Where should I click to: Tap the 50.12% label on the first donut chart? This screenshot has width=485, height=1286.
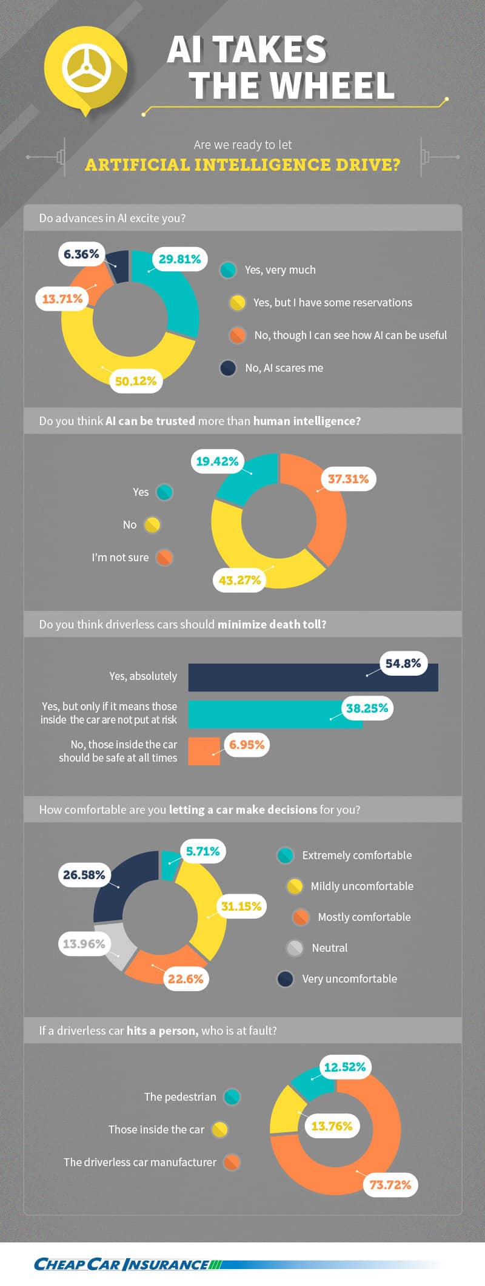(136, 381)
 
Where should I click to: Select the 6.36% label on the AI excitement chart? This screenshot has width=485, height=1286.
(81, 254)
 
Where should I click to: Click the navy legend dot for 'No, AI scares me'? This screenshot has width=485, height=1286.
(228, 368)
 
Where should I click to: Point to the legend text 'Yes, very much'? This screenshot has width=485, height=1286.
(280, 270)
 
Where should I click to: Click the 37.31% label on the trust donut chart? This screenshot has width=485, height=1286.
(348, 479)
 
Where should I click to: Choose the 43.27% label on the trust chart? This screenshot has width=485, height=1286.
(239, 580)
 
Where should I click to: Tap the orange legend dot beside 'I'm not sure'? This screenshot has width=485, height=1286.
(164, 557)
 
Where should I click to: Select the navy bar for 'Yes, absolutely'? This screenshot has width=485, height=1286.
(313, 677)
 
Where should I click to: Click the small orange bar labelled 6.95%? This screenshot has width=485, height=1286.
(204, 751)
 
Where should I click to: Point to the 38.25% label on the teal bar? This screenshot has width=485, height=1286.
(367, 708)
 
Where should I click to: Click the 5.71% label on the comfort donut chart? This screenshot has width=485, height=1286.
(202, 851)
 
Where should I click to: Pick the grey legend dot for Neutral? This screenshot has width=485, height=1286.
(295, 948)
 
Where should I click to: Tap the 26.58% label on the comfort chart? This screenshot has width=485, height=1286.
(84, 875)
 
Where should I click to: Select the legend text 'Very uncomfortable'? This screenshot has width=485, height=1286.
(350, 978)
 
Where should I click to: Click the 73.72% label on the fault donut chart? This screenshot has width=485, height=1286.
(390, 1185)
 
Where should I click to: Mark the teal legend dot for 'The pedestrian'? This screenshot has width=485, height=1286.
(232, 1096)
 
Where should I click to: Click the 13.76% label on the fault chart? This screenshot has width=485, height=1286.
(332, 1126)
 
